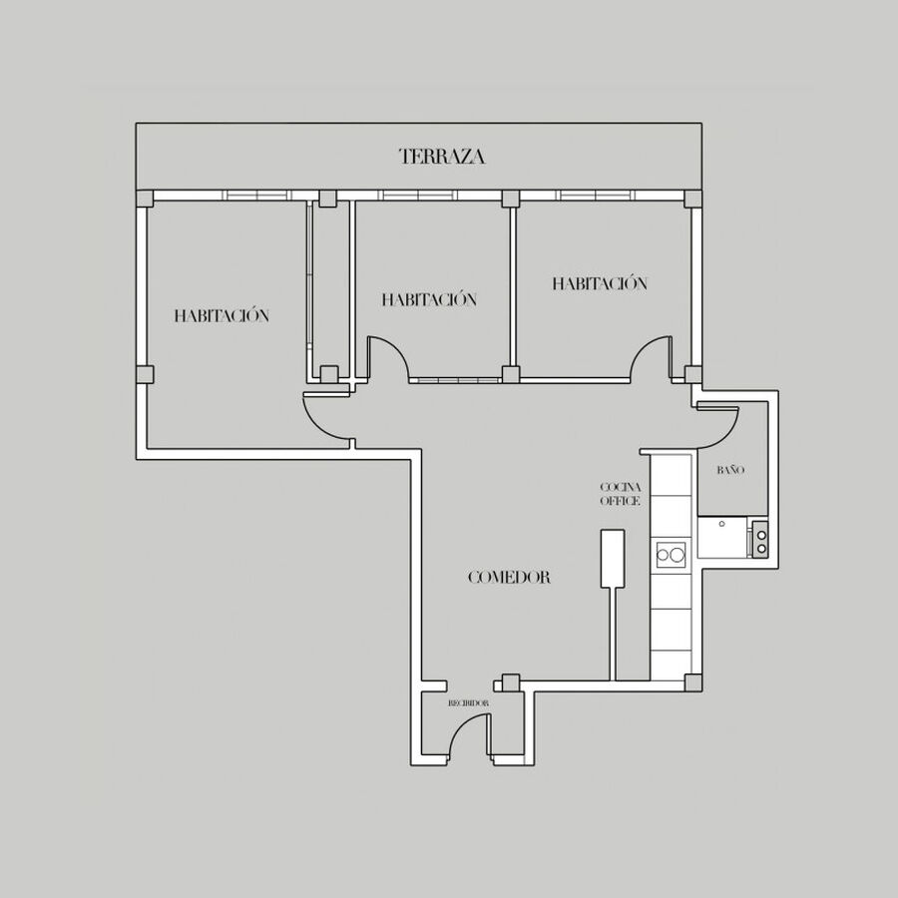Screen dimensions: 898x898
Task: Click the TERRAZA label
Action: [442, 157]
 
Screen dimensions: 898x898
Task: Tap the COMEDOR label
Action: [509, 578]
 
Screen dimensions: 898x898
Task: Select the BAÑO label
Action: [730, 470]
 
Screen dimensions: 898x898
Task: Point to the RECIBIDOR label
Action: [469, 702]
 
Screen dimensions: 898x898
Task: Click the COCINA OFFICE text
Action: [621, 494]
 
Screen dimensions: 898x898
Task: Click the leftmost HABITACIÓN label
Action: [222, 315]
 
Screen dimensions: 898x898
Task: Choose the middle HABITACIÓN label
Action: [429, 299]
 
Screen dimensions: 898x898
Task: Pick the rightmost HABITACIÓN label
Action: [600, 283]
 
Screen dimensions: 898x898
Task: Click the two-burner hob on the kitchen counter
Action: [671, 555]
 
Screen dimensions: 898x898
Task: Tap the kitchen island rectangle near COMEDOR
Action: [613, 559]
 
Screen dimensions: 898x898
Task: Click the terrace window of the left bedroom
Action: [257, 196]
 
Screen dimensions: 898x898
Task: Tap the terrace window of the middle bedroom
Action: [418, 196]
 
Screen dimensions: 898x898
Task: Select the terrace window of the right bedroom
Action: [596, 196]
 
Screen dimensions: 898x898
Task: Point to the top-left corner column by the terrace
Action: [145, 199]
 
